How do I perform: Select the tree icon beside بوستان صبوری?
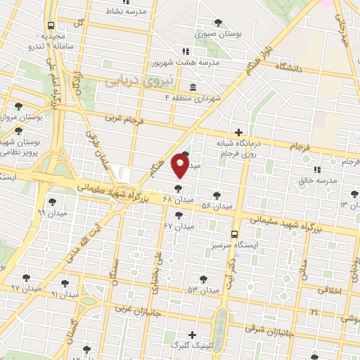click(x=219, y=22)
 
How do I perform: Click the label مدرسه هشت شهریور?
click(x=210, y=63)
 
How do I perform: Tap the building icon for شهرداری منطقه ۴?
click(x=193, y=88)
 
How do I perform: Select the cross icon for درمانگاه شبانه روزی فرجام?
click(x=239, y=131)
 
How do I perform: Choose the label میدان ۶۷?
click(x=178, y=226)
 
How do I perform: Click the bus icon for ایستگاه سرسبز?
click(x=233, y=235)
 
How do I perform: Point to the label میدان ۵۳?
click(x=202, y=290)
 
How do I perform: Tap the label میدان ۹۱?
click(x=64, y=295)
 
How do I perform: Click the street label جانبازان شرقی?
click(x=266, y=330)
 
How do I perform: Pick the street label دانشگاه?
click(x=288, y=67)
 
